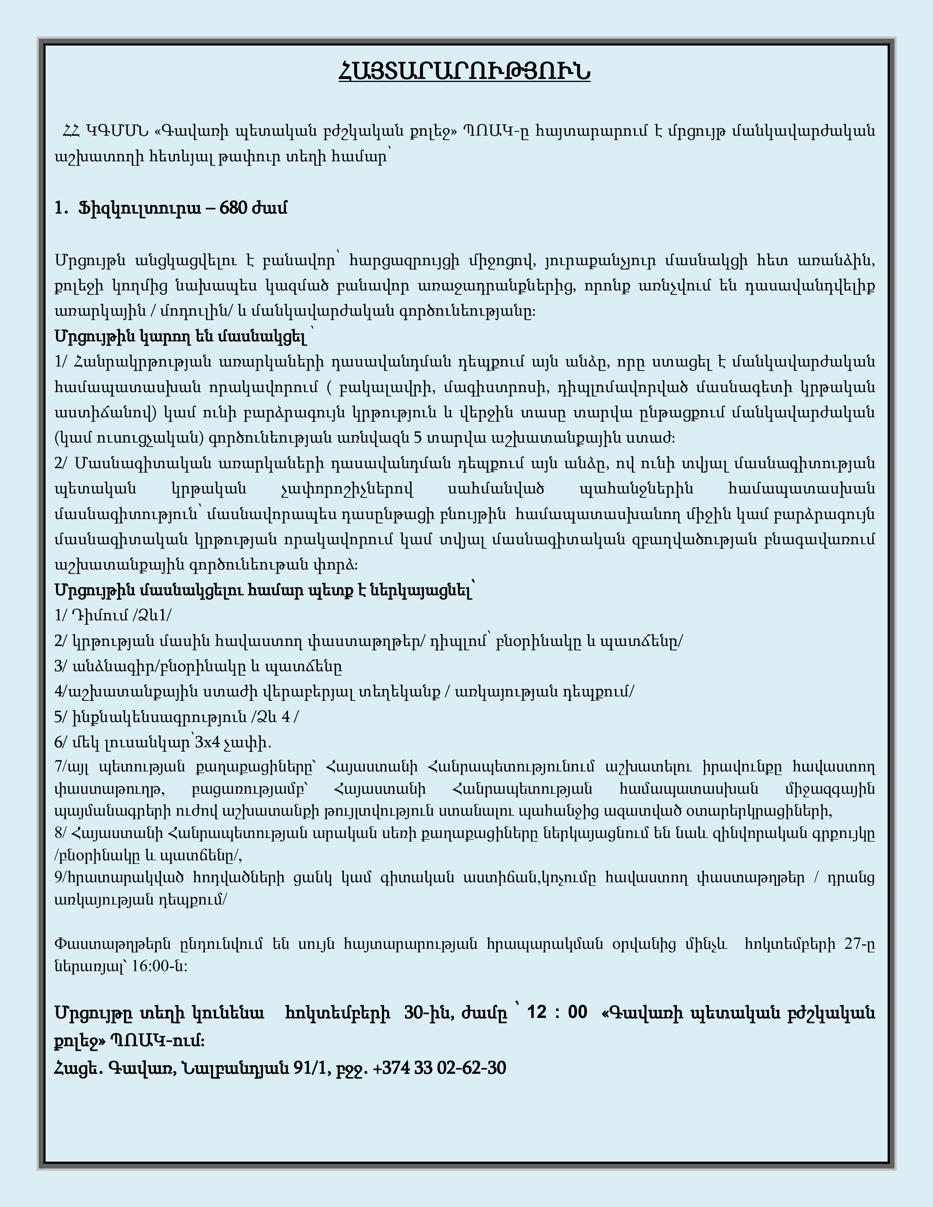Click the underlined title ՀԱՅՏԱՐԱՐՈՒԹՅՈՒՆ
[464, 72]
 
